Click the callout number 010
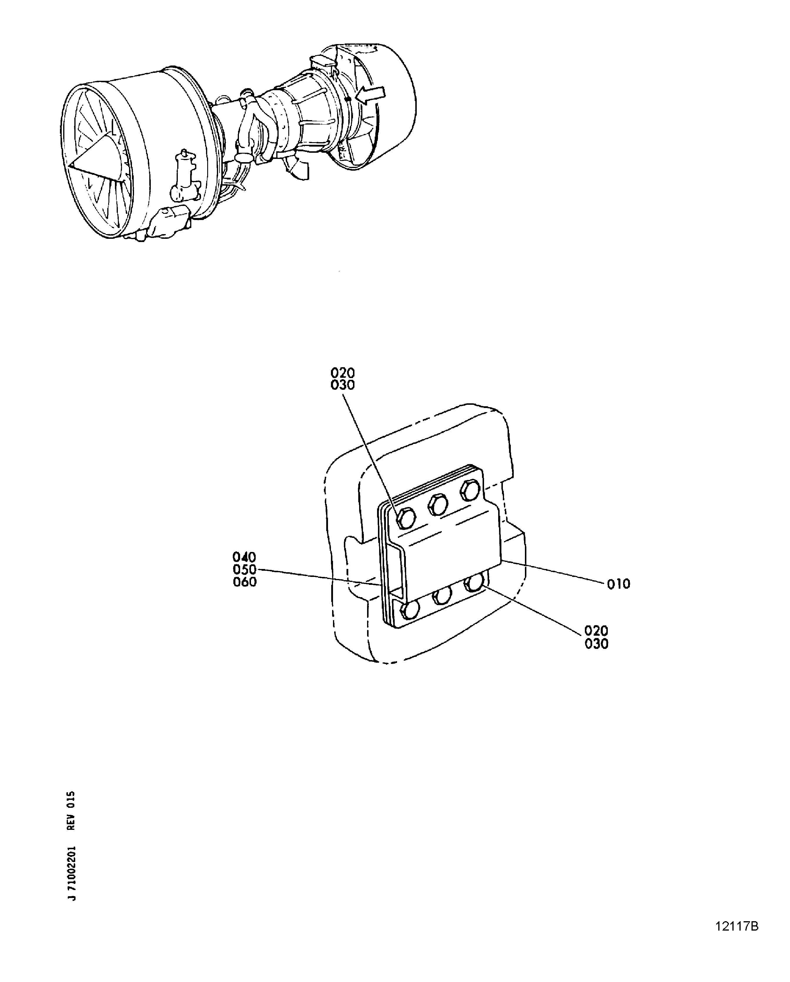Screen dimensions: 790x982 pos(619,584)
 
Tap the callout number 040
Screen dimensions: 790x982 pos(245,557)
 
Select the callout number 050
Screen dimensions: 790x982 pos(245,569)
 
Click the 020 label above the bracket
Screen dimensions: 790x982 pos(343,373)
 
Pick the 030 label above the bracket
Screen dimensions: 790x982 pos(343,385)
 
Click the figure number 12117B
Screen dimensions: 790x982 pos(737,923)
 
